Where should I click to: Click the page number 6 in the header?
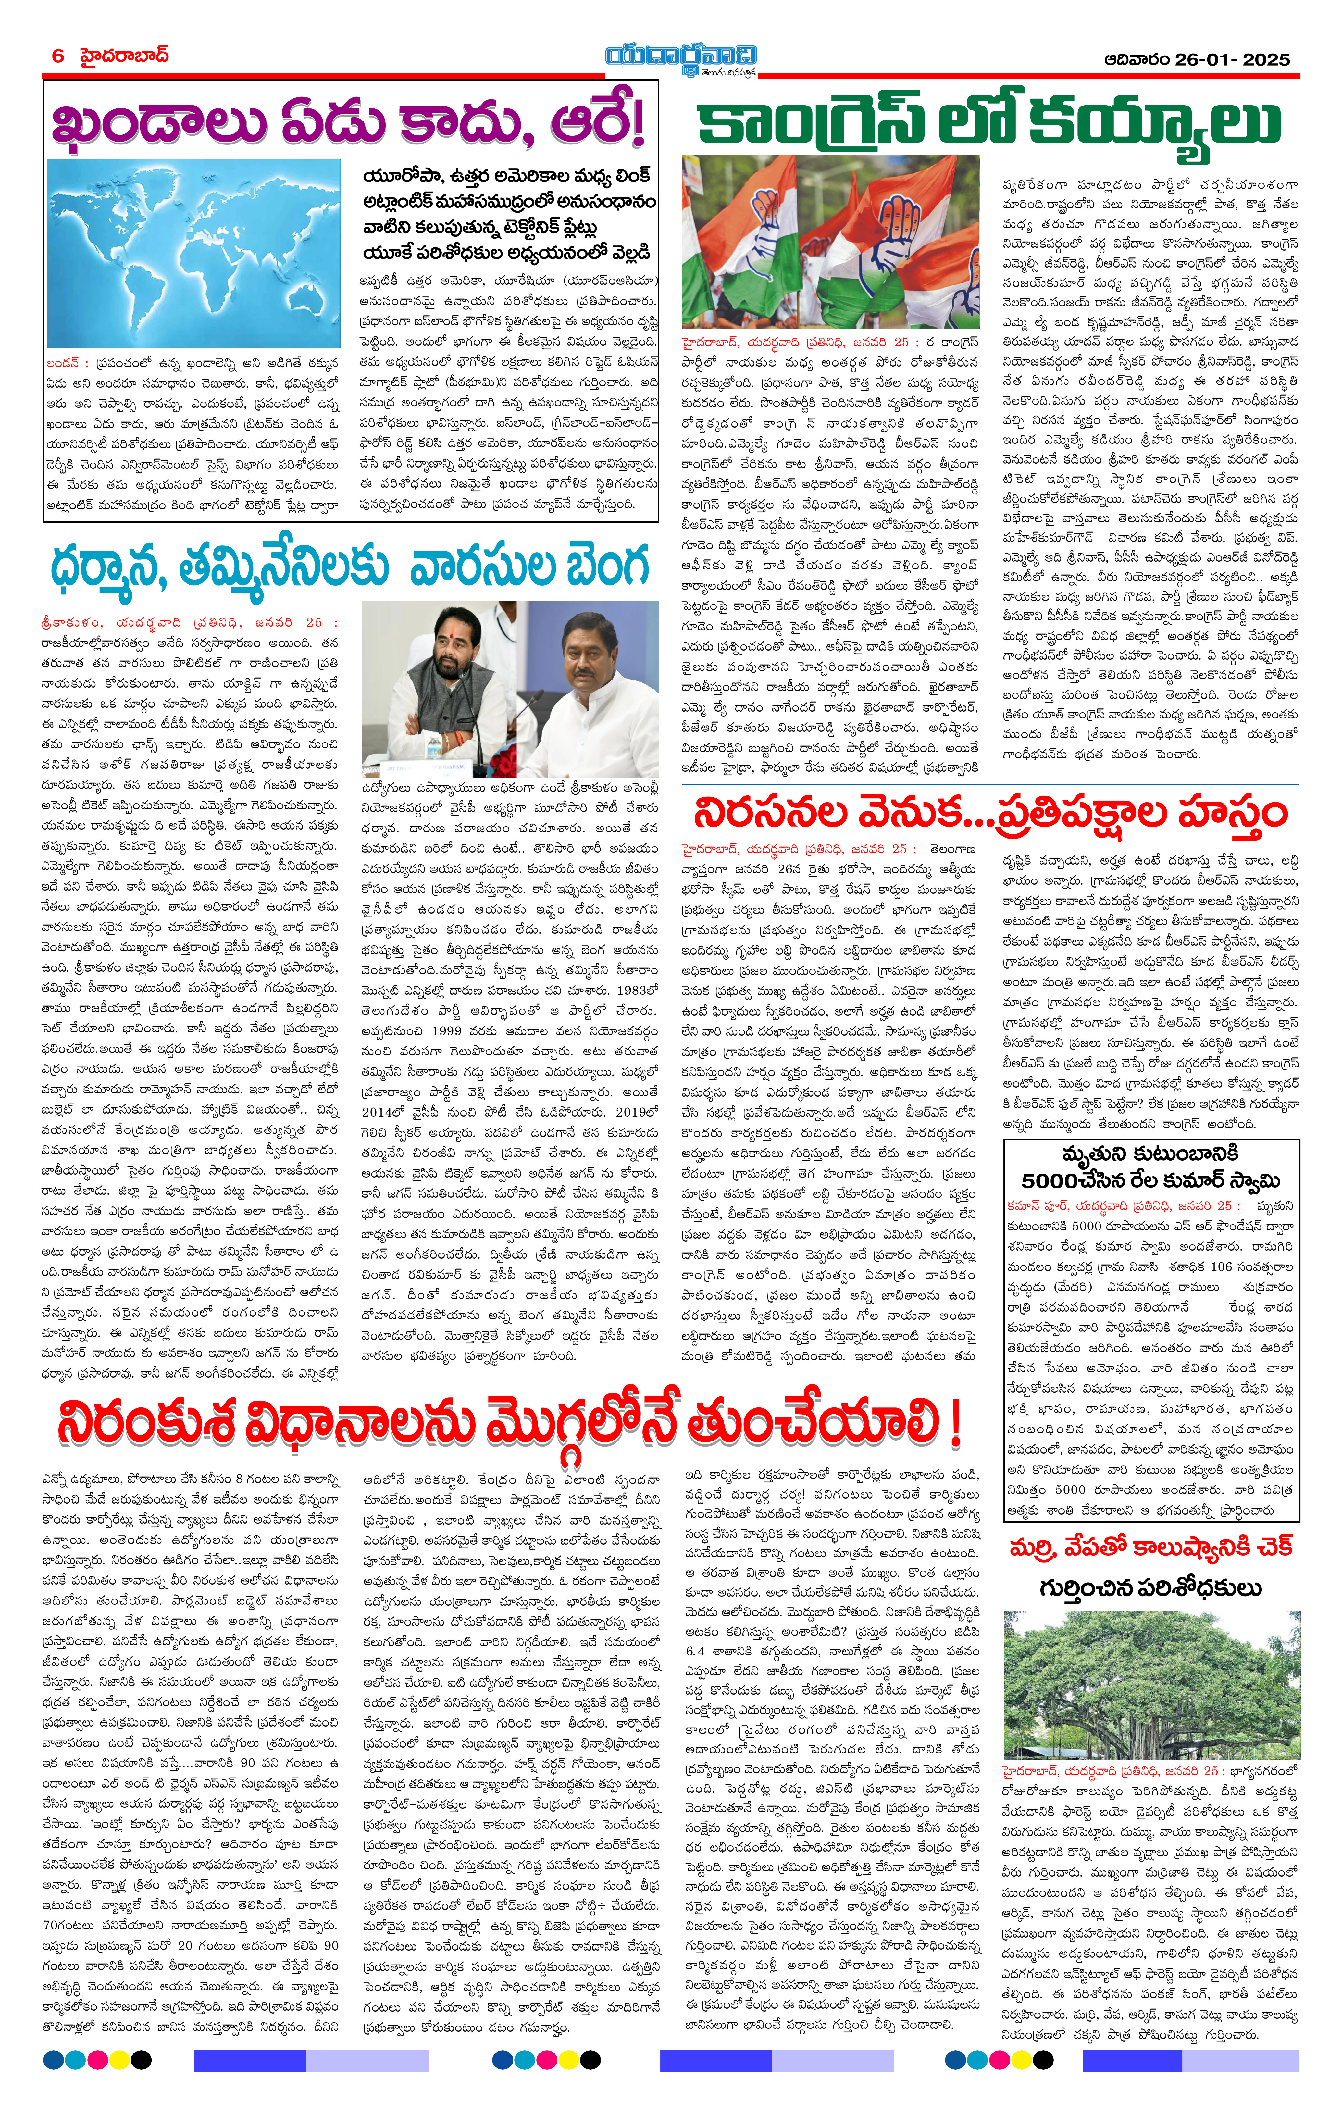pos(58,56)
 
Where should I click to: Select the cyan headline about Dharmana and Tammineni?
pos(349,565)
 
